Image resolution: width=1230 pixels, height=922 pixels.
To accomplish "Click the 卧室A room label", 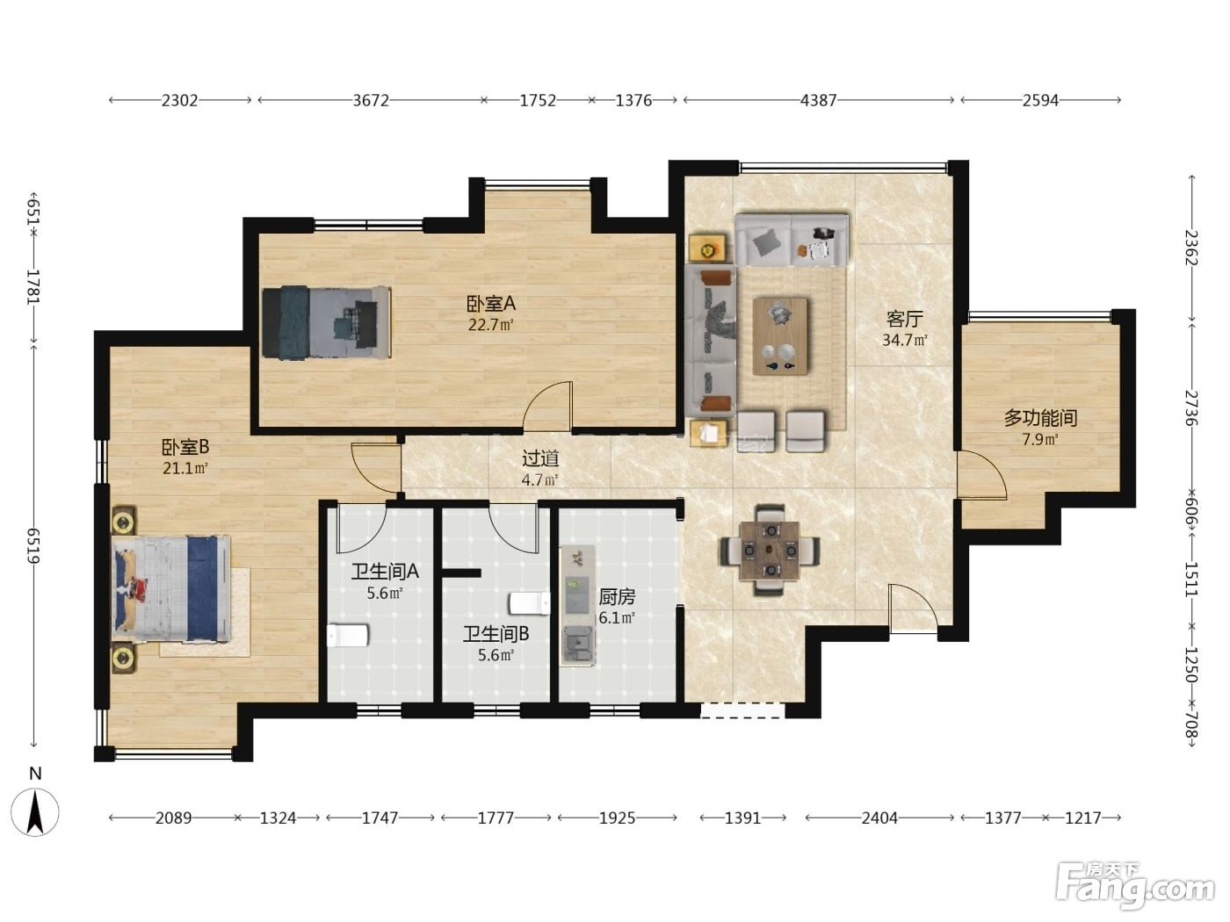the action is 491,304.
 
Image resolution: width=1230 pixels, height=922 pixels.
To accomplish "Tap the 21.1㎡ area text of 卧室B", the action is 184,468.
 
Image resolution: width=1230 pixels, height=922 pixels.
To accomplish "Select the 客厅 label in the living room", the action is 904,319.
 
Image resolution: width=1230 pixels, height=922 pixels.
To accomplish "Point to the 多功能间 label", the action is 1040,418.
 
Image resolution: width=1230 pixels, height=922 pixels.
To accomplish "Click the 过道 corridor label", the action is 540,458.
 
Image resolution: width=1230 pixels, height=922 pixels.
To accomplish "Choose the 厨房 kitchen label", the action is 617,597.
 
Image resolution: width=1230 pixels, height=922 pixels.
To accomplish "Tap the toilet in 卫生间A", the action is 348,636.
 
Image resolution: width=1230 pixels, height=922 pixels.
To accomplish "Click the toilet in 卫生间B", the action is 530,603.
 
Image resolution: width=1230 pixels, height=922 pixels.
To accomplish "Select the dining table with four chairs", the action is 770,551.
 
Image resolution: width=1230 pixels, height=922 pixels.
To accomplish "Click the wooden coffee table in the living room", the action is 780,336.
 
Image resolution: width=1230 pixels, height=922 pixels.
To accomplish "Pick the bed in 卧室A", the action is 327,322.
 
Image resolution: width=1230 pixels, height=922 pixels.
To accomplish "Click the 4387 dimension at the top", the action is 818,100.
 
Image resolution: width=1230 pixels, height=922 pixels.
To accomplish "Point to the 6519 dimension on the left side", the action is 33,545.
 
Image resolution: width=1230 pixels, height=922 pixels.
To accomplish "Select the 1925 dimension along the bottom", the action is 617,818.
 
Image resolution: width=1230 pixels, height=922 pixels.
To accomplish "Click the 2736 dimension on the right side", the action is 1192,407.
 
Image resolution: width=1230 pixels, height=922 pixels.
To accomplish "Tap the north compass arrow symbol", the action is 35,812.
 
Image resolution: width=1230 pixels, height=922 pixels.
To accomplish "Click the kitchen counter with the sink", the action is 578,605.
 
